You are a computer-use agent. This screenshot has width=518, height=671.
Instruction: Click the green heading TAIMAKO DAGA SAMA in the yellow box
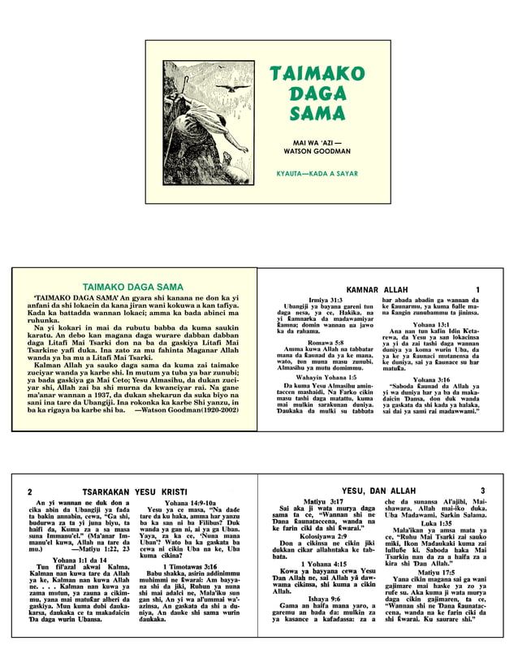133,287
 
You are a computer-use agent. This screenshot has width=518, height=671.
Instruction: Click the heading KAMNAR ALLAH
377,290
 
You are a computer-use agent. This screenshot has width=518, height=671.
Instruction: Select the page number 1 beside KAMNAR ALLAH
478,290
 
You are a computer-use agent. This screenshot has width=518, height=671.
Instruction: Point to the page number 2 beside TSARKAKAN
30,492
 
